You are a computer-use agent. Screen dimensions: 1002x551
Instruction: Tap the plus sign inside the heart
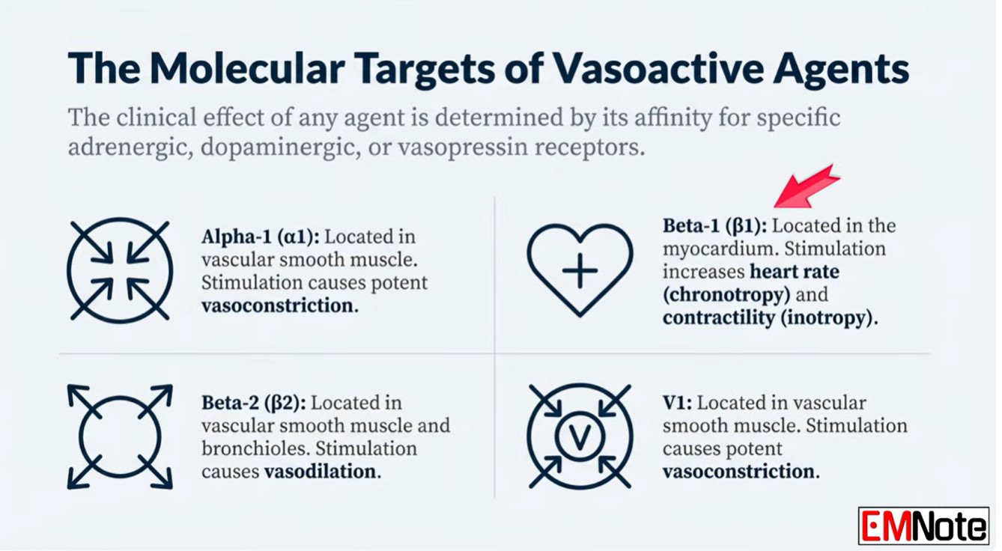580,270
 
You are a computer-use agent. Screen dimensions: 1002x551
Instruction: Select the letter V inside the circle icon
580,436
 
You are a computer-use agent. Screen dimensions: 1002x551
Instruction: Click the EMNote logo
923,526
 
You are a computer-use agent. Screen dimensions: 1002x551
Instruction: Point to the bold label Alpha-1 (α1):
261,237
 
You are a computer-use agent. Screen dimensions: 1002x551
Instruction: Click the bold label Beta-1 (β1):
714,226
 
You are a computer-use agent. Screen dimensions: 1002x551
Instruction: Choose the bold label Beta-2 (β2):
254,403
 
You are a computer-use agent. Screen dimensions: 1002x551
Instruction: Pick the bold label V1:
677,403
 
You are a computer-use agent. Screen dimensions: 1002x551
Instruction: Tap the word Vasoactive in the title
658,68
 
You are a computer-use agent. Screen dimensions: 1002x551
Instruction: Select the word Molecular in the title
246,68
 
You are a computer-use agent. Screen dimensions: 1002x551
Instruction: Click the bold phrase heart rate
795,272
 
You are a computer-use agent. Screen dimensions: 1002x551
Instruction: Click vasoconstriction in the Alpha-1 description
280,306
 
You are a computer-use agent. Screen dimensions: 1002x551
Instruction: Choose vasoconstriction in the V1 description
741,472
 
